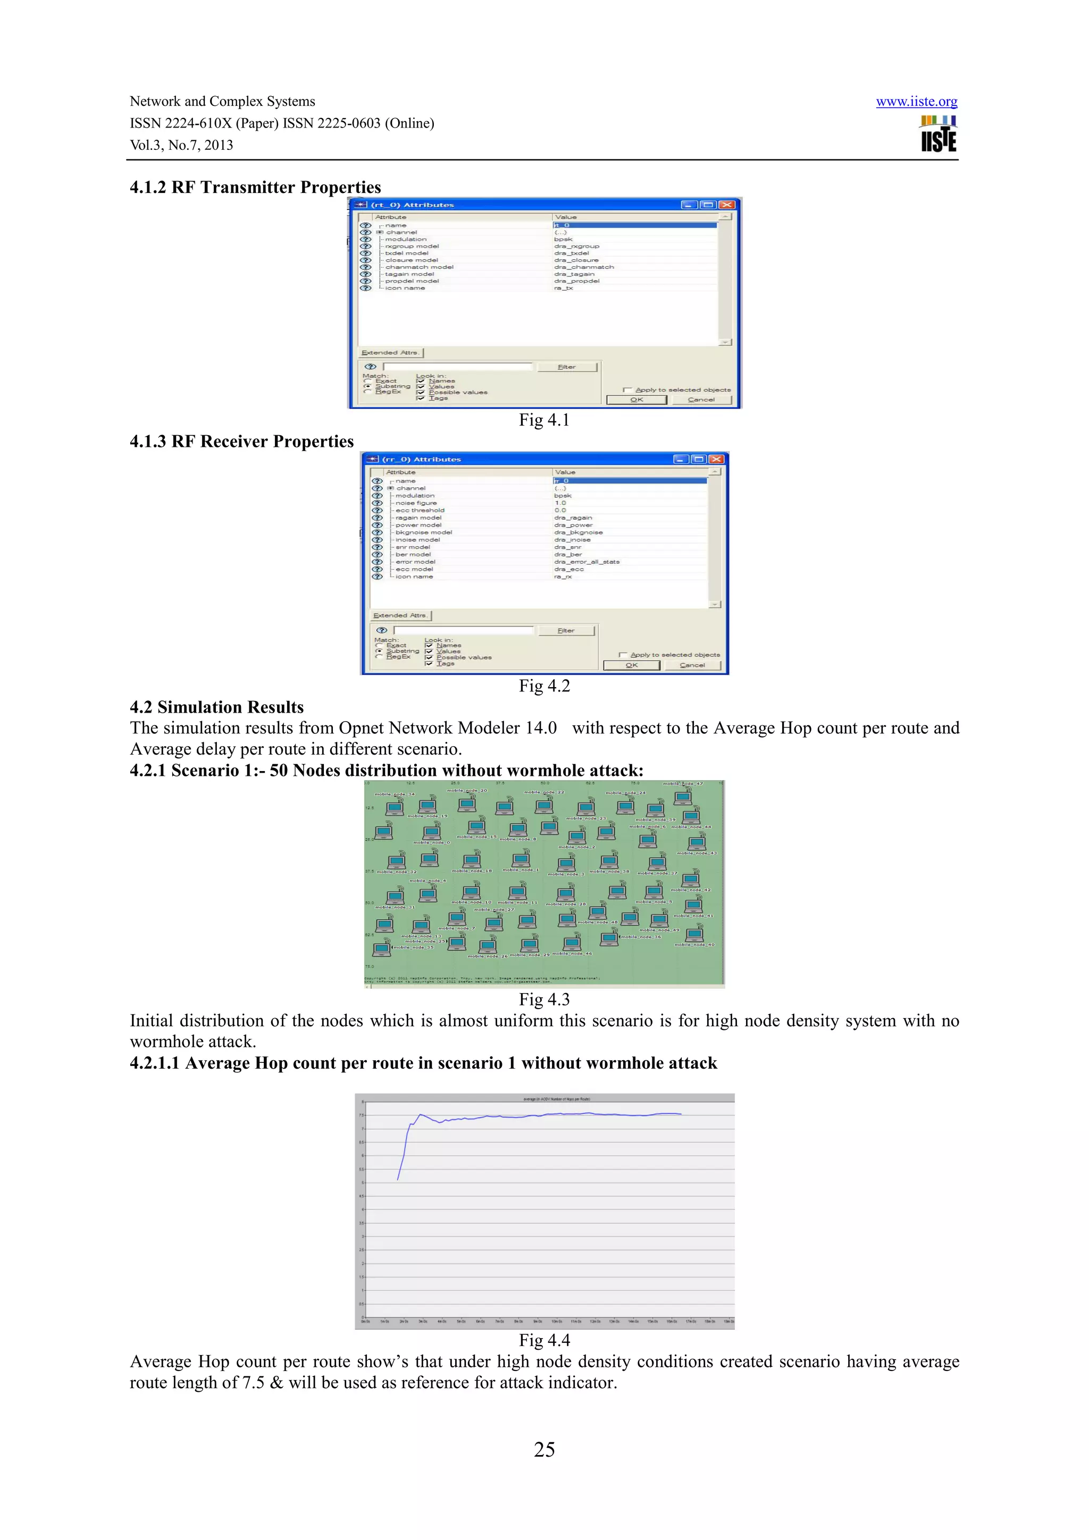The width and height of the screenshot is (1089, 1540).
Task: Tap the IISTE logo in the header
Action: pos(939,134)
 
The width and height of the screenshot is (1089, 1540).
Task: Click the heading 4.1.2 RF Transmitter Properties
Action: pos(255,187)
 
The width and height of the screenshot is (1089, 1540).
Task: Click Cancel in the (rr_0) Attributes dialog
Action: pos(692,665)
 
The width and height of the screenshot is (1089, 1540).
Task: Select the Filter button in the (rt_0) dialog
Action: pos(567,367)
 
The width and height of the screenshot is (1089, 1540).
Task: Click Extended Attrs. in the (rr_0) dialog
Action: pos(400,615)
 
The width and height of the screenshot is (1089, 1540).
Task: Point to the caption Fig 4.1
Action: pos(543,420)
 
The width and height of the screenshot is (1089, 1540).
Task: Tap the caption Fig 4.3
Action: pos(543,1000)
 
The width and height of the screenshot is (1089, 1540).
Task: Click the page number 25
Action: pos(544,1450)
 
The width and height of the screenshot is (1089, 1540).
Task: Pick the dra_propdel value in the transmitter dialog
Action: pos(576,281)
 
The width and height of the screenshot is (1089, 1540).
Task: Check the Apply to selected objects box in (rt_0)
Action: pos(627,390)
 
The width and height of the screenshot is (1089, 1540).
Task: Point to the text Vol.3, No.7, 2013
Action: pos(181,145)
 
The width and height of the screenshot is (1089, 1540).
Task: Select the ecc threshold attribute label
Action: pos(420,511)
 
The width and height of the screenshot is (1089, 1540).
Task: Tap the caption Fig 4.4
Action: pos(543,1340)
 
